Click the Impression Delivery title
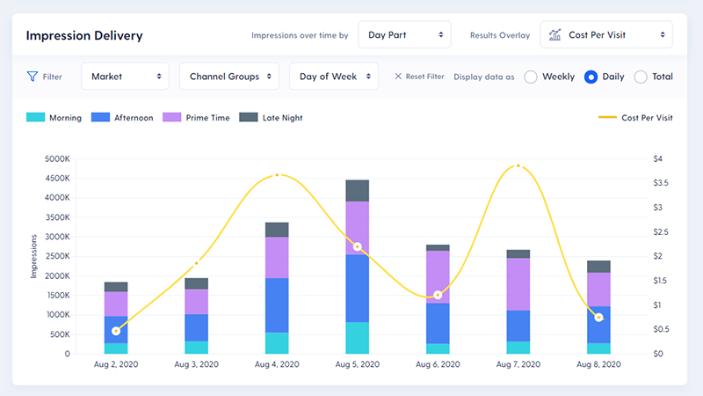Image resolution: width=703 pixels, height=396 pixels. click(x=84, y=36)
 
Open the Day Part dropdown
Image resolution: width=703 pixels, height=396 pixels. click(x=404, y=35)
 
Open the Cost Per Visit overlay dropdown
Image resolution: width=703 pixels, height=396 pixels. click(x=606, y=35)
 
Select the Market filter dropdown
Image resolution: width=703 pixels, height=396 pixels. click(x=125, y=77)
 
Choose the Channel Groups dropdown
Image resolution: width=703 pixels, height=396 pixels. click(x=228, y=77)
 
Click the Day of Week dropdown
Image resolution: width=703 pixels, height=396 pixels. click(x=333, y=77)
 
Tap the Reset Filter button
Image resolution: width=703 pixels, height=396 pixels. click(x=419, y=77)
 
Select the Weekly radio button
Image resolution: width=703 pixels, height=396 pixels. click(x=531, y=77)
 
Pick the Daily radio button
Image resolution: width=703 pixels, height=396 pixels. click(x=591, y=77)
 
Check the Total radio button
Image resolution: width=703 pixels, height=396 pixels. click(x=641, y=77)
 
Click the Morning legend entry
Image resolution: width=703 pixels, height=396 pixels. click(x=54, y=118)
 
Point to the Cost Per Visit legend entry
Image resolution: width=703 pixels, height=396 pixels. click(x=635, y=118)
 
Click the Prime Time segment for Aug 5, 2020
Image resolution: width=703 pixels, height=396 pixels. click(x=357, y=228)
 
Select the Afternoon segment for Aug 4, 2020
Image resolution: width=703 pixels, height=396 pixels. click(x=277, y=304)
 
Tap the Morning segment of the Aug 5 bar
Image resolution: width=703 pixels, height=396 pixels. click(x=357, y=338)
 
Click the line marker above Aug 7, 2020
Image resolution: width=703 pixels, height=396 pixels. click(x=518, y=165)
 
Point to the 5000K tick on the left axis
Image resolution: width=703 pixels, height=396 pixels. click(x=55, y=159)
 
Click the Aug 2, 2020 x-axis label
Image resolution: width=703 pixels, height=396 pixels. click(x=116, y=364)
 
